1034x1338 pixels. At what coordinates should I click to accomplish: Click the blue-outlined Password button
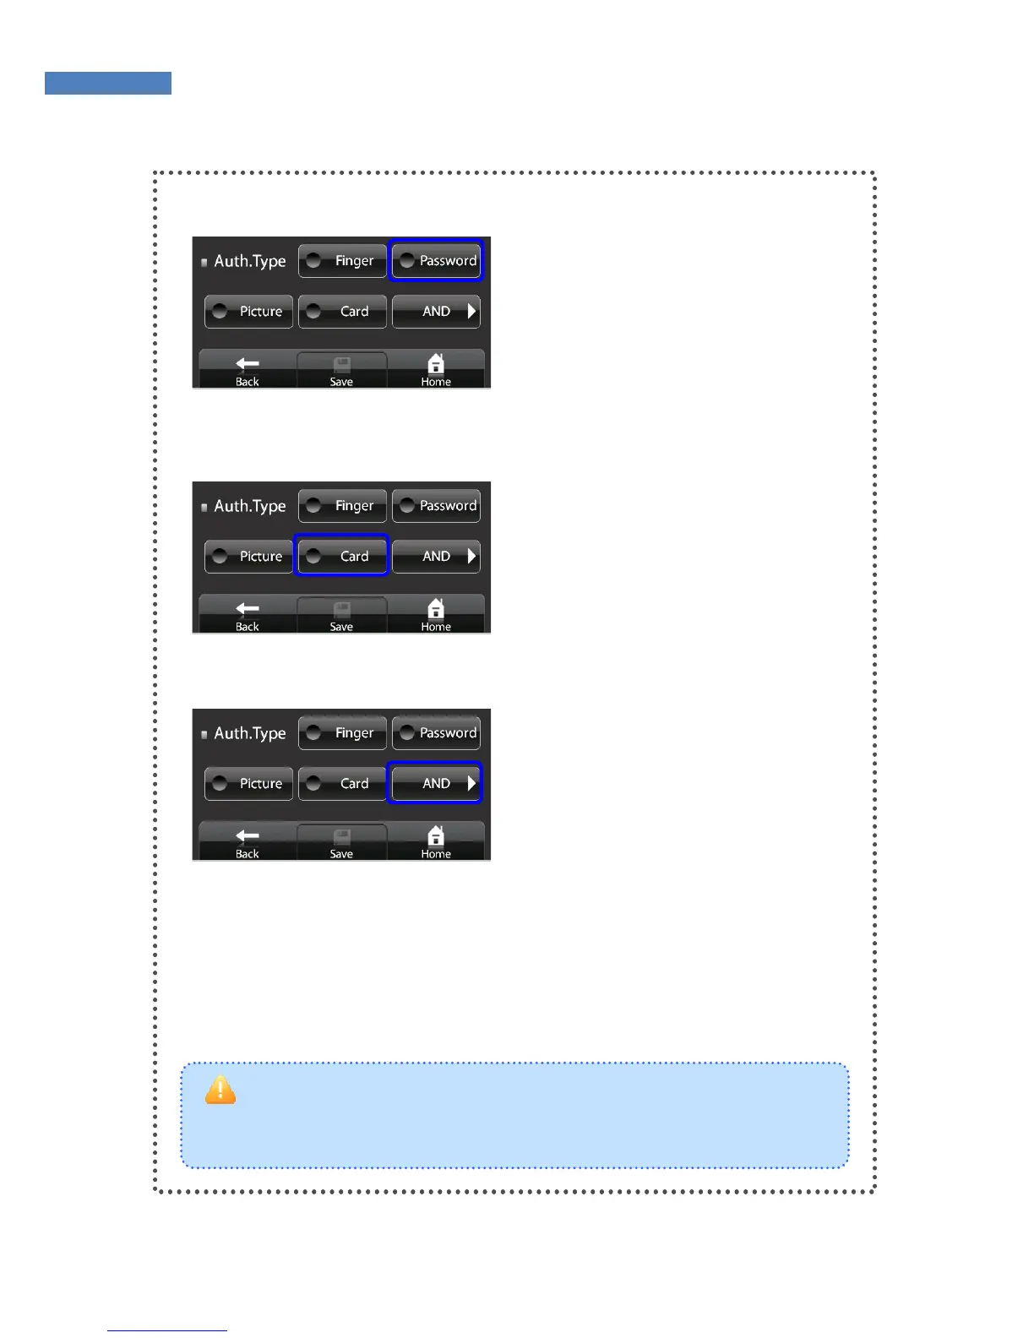[436, 260]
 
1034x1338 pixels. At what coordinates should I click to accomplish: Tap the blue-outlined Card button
[341, 556]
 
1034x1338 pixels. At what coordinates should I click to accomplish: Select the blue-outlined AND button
[435, 783]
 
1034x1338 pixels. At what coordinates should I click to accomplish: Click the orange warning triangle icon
[220, 1091]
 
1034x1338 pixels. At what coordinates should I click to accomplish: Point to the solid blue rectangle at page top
[108, 83]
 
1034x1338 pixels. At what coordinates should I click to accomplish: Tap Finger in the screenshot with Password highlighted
[342, 261]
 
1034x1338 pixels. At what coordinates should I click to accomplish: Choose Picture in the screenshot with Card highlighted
[248, 557]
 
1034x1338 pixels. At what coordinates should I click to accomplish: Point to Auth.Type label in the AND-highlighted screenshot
[249, 733]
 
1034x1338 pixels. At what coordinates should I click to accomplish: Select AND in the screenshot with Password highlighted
[436, 312]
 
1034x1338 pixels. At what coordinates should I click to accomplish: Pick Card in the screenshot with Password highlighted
[342, 312]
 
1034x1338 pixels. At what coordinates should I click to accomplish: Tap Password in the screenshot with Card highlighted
[436, 506]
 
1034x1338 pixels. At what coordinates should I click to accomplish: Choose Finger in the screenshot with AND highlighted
[342, 733]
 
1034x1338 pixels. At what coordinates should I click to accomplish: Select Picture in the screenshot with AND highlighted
[248, 784]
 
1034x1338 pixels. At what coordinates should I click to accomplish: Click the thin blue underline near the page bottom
[167, 1330]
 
